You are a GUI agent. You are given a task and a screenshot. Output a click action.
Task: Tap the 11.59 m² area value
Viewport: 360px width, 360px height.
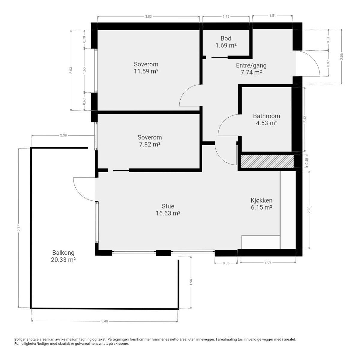(146, 71)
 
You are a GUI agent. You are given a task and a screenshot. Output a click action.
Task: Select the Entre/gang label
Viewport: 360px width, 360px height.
(251, 65)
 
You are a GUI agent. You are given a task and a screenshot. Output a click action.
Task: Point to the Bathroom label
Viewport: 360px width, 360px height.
(266, 116)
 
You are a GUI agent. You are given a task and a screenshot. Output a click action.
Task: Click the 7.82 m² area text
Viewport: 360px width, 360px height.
(150, 144)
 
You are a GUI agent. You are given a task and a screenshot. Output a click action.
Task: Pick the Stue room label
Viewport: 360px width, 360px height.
(168, 206)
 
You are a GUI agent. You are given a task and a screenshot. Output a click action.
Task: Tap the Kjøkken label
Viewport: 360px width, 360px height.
(261, 200)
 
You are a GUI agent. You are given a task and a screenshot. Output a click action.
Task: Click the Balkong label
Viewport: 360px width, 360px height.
(63, 253)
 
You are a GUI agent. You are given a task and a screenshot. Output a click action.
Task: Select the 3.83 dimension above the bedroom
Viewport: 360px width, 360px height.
(148, 16)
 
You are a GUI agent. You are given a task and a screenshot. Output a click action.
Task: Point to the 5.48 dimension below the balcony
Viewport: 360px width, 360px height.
(105, 321)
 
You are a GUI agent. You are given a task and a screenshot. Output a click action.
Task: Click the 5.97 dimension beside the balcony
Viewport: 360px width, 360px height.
(18, 228)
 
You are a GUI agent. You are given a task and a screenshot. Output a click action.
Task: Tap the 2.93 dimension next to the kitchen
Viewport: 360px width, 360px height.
(309, 210)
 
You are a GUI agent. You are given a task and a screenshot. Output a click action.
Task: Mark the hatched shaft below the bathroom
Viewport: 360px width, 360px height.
(267, 161)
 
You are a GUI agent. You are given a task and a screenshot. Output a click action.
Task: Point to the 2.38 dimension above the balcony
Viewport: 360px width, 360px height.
(63, 135)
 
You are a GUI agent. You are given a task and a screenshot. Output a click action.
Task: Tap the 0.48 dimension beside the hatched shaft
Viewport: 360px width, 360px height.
(307, 161)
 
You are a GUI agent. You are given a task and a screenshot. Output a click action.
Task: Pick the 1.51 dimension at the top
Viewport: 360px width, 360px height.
(272, 16)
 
